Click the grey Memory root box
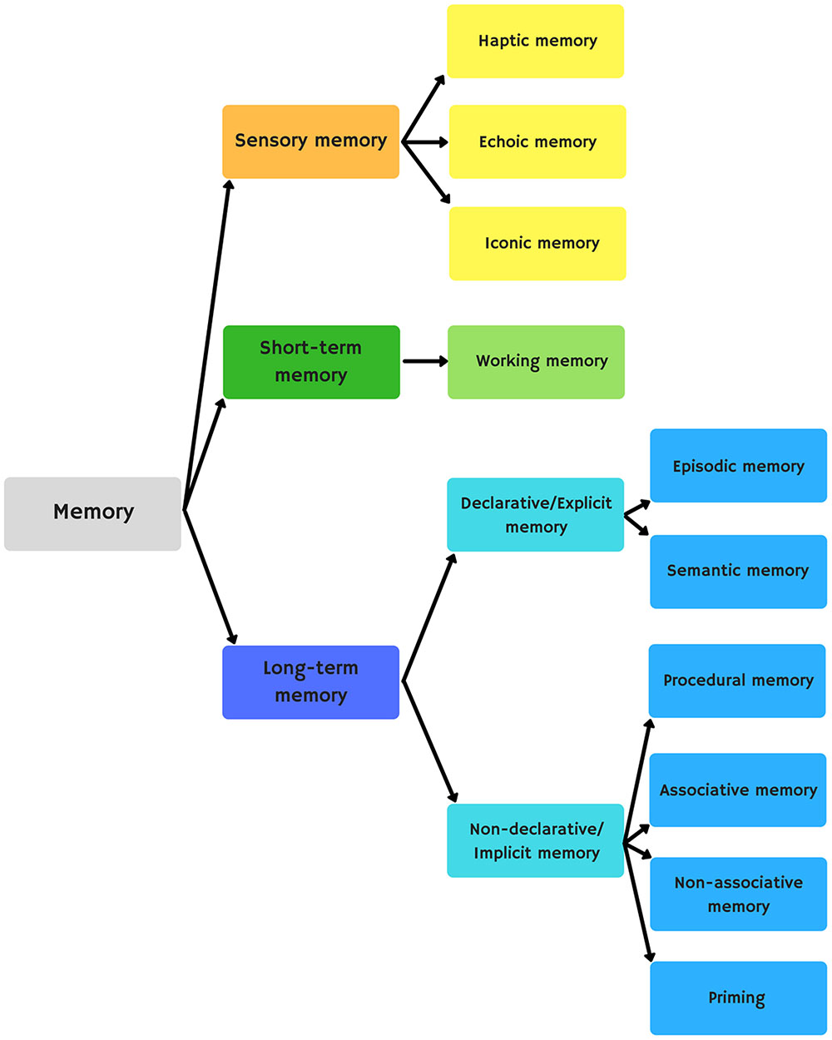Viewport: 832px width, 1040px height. point(92,513)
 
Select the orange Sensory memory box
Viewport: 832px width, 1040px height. point(310,141)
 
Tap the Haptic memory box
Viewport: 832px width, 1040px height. point(536,42)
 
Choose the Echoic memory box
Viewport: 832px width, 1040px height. point(537,142)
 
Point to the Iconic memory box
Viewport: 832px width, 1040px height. point(537,244)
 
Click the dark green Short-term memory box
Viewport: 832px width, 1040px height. point(311,362)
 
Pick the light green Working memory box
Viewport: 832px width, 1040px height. point(536,362)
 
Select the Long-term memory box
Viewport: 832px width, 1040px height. point(310,682)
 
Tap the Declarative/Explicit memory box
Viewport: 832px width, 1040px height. point(535,515)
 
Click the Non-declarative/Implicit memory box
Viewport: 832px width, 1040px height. point(535,840)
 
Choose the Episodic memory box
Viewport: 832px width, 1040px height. point(738,466)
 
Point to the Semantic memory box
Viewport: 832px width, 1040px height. point(738,572)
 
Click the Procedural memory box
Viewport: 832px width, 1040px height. point(737,681)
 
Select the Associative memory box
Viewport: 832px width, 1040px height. point(737,790)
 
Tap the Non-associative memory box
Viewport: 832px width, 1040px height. point(738,894)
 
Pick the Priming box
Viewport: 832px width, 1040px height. point(738,998)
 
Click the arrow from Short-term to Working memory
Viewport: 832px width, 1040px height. point(424,361)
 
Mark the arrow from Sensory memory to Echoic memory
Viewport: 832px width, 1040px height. point(425,142)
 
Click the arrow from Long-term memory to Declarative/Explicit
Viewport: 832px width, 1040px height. point(429,617)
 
